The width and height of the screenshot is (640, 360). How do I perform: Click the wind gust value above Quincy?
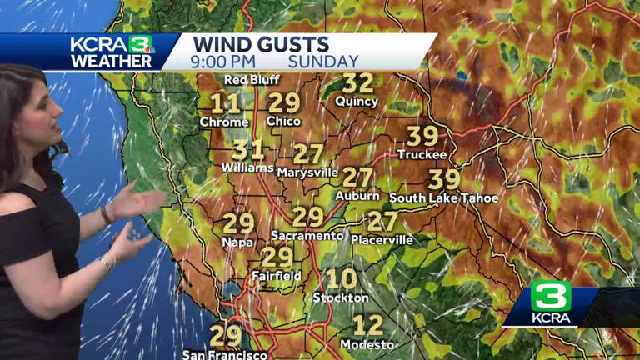pos(358,83)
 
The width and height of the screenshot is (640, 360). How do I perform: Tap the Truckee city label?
pos(422,155)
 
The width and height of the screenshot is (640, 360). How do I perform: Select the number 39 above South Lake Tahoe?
pos(444,179)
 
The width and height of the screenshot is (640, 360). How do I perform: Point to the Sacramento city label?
pos(307,236)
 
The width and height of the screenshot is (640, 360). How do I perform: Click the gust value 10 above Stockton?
pos(341,279)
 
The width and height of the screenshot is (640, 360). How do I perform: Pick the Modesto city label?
pos(367,344)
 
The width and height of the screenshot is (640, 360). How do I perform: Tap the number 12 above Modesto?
pos(367,325)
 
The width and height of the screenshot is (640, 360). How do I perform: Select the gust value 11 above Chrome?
pos(225,103)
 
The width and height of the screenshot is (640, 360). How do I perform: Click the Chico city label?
pos(283,122)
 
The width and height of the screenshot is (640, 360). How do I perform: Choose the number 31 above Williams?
pos(247,149)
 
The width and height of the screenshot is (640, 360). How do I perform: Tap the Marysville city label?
pos(307,172)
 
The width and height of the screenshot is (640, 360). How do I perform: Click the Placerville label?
pos(382,240)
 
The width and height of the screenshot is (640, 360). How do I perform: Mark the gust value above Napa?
pos(238,222)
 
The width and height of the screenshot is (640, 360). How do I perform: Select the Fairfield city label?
pos(277,276)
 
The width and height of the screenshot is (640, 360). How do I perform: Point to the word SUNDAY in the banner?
pos(323,62)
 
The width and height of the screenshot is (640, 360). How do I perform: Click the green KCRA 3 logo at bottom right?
pos(550,302)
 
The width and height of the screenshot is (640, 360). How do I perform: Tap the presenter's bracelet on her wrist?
pos(107,215)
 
